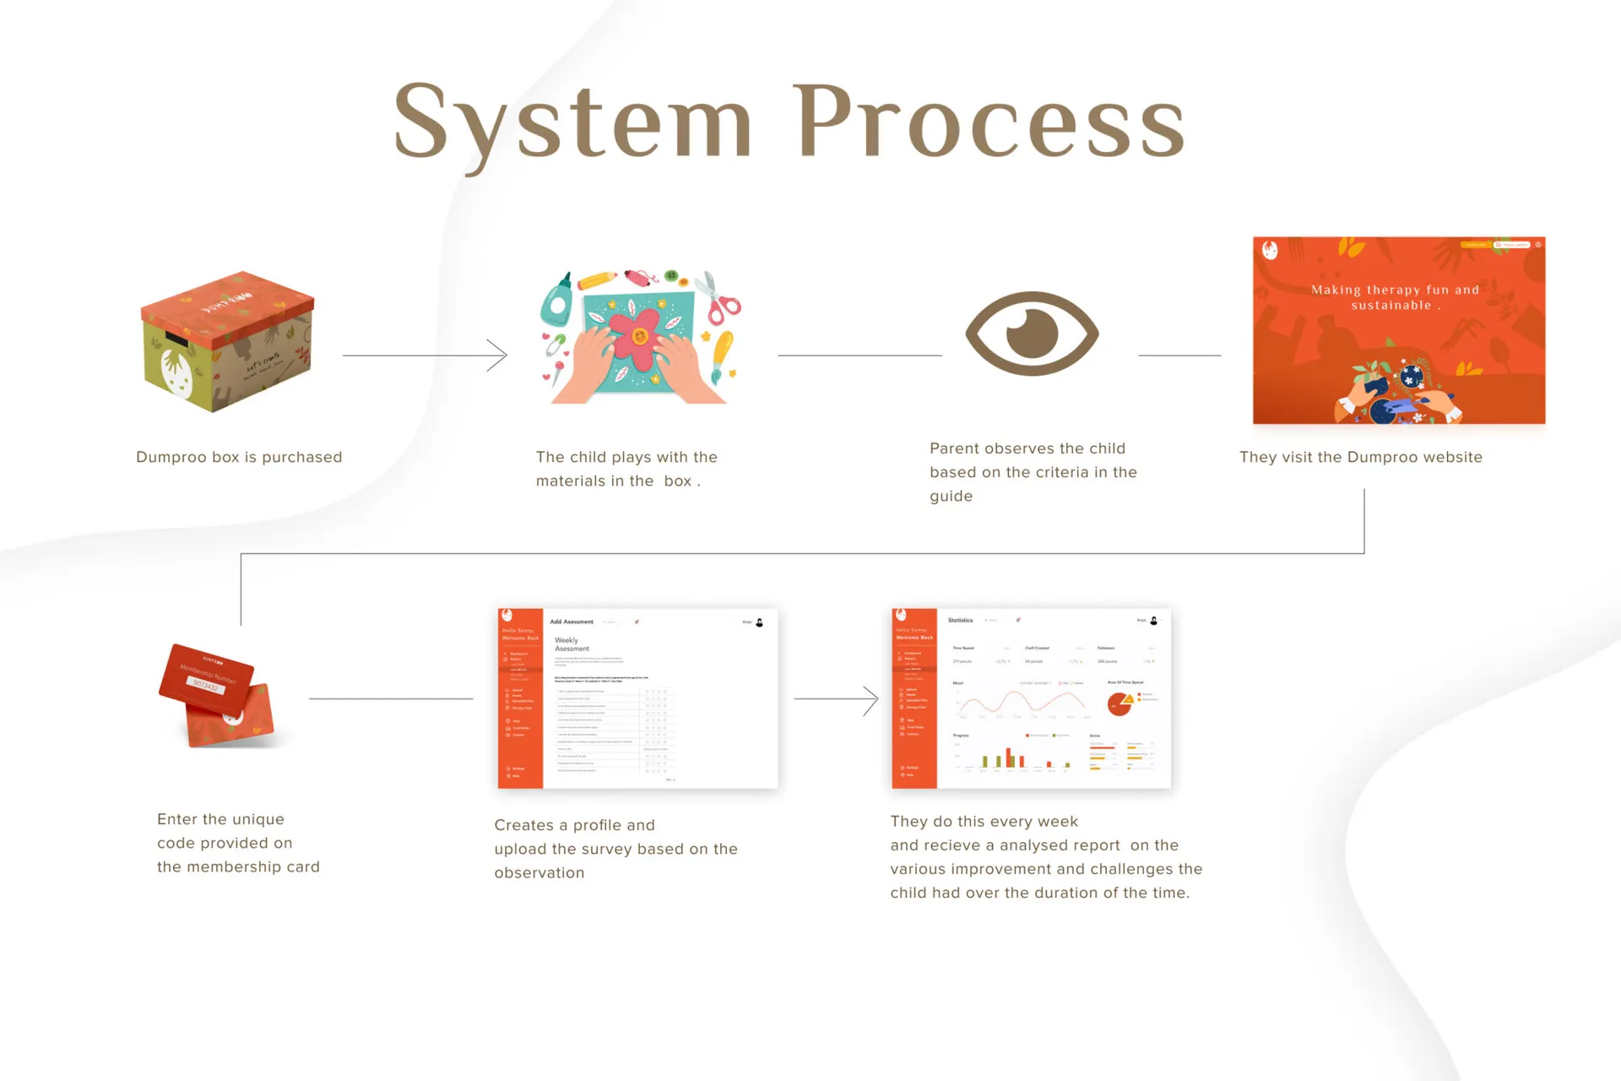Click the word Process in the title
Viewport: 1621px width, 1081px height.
989,122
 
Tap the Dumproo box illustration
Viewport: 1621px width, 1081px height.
227,341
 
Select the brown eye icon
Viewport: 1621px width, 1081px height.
1032,333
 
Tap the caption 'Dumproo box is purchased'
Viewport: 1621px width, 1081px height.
239,457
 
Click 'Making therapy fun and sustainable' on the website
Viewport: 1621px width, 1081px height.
1395,297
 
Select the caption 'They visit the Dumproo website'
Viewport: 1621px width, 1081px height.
1360,457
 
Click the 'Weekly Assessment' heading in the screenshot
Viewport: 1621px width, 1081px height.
572,644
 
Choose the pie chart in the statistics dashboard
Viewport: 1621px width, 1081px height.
1120,703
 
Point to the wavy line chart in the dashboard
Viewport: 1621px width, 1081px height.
1022,702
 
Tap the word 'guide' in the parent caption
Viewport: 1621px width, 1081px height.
951,496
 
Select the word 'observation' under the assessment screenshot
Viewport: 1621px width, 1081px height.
539,872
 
